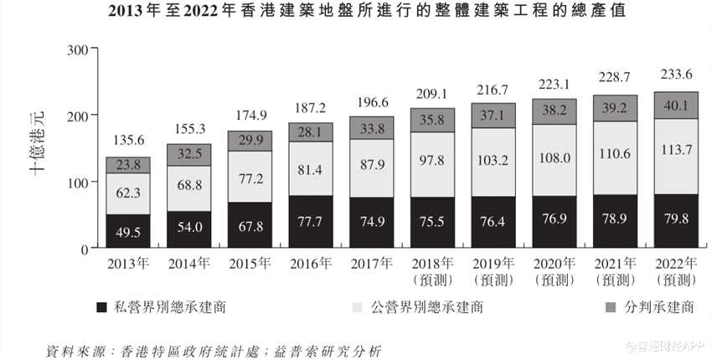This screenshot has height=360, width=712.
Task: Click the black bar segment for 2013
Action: (x=127, y=231)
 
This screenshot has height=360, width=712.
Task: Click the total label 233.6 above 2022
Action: (x=676, y=74)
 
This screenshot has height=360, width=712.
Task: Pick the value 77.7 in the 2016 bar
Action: (x=311, y=223)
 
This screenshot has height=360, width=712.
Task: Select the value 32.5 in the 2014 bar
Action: (x=188, y=154)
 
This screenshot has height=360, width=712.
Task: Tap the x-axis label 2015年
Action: (x=250, y=265)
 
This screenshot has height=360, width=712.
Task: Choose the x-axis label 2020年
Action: (x=555, y=265)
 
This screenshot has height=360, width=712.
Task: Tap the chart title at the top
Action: (x=355, y=13)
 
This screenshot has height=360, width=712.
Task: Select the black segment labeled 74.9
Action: (x=372, y=224)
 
